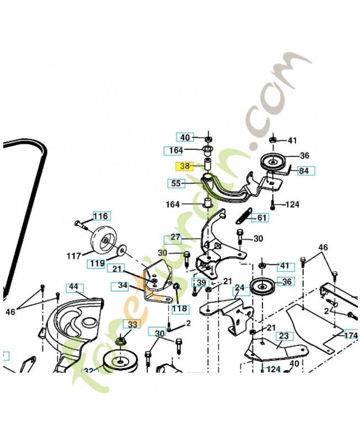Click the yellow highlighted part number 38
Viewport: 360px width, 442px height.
185,165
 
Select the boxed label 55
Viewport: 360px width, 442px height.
176,182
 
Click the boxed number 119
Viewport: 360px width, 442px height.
97,264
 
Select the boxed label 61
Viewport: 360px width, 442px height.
261,218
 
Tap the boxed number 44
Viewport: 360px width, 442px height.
73,287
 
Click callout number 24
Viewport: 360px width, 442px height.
239,288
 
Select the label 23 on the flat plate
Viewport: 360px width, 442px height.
284,335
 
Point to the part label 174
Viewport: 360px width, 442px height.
351,335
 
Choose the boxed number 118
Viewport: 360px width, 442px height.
180,308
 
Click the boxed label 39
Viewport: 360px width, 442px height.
200,282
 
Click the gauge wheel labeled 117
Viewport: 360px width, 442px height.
100,238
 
